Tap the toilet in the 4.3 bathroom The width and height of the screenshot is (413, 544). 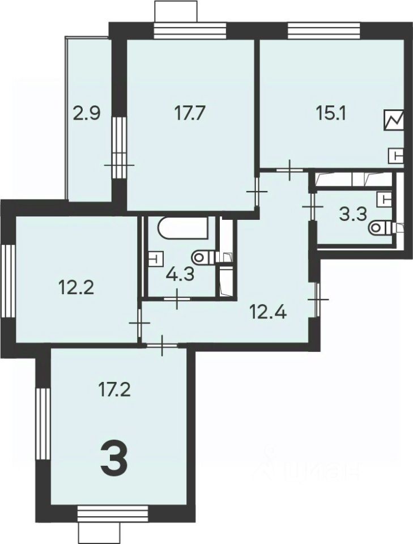(x=203, y=258)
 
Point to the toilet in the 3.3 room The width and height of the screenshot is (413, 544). (x=380, y=228)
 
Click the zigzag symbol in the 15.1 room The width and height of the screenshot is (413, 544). (x=394, y=120)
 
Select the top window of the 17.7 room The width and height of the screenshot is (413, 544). (x=190, y=29)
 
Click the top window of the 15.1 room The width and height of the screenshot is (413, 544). (x=323, y=29)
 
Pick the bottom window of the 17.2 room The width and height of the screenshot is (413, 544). (x=112, y=513)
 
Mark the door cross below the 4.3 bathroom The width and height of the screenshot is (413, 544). (x=177, y=298)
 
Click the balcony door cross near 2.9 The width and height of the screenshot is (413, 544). (x=119, y=165)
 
